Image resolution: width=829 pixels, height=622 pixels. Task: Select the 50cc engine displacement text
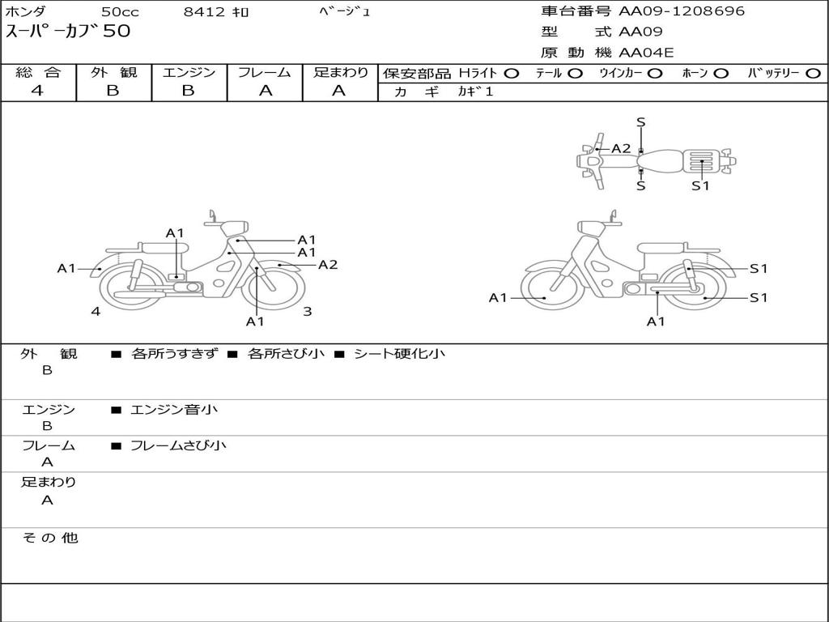[x=120, y=11]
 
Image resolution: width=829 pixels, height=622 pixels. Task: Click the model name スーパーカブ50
[x=68, y=32]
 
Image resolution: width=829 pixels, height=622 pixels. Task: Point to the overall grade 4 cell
[x=37, y=91]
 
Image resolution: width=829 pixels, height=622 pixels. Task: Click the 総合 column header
[x=38, y=73]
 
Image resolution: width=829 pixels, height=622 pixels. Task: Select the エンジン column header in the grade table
[x=189, y=73]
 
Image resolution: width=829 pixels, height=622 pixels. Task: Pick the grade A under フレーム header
[x=265, y=91]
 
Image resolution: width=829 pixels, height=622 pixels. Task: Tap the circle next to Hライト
[x=511, y=74]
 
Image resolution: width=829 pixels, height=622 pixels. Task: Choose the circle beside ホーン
[x=721, y=74]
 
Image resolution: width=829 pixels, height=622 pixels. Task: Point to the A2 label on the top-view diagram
[x=621, y=148]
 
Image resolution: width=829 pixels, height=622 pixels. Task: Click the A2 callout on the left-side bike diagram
[x=328, y=265]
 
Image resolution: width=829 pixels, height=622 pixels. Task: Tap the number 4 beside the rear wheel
[x=96, y=311]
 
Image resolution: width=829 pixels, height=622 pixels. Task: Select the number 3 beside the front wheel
[x=308, y=311]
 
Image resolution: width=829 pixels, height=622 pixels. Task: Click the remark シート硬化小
[x=399, y=354]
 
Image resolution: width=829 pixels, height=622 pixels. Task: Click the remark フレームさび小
[x=178, y=445]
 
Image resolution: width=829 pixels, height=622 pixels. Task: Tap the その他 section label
[x=49, y=538]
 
